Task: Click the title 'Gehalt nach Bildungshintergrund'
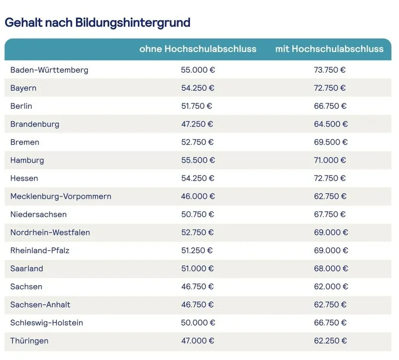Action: point(97,22)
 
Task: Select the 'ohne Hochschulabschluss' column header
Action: point(198,49)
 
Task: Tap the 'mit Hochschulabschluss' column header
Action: point(329,49)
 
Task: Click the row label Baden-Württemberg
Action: point(49,70)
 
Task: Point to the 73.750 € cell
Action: point(329,70)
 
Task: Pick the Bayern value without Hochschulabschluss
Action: point(198,88)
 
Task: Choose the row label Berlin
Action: point(21,106)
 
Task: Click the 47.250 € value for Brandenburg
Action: point(198,124)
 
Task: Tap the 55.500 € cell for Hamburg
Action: point(198,160)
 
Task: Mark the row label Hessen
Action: point(24,178)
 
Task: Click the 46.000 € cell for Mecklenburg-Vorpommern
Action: point(198,196)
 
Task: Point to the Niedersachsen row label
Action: point(38,214)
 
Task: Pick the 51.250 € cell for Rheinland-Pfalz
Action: point(198,250)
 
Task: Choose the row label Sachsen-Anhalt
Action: point(40,305)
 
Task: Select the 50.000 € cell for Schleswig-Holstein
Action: point(198,323)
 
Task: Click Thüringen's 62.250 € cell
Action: point(329,341)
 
